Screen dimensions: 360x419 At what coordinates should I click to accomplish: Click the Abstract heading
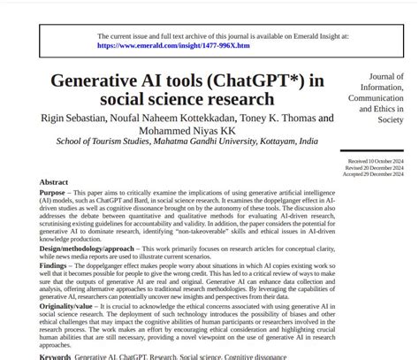click(x=54, y=182)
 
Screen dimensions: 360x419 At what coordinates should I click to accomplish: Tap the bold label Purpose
click(x=57, y=192)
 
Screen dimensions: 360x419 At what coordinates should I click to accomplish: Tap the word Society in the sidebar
click(x=390, y=119)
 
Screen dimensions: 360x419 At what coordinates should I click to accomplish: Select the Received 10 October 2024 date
click(x=376, y=162)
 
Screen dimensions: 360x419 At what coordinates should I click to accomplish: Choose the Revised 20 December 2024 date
click(x=376, y=168)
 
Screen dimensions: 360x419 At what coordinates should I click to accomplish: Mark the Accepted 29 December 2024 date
click(x=375, y=174)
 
